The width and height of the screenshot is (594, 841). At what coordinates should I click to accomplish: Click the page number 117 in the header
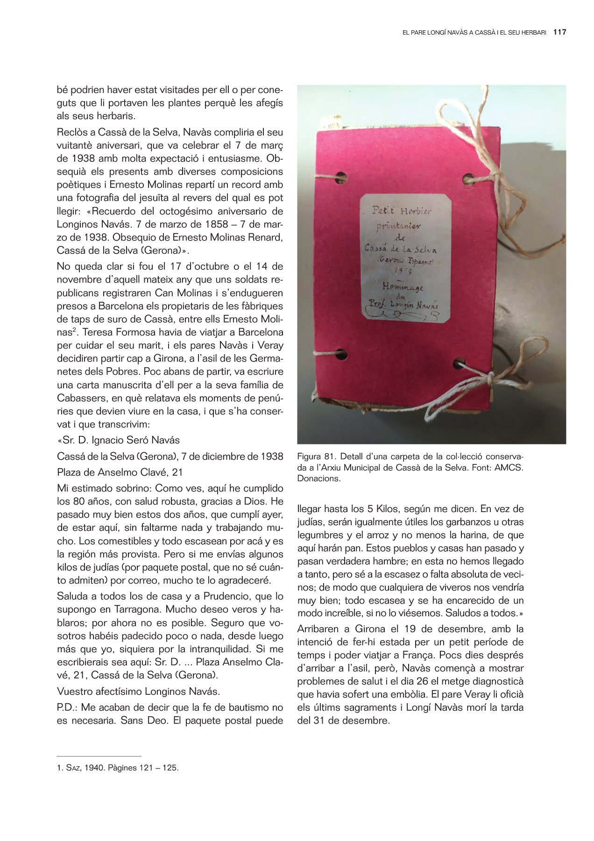coord(559,32)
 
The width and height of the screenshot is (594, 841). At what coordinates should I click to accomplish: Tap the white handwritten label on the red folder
coord(405,259)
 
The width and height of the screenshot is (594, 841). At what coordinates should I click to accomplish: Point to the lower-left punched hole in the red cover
coord(342,354)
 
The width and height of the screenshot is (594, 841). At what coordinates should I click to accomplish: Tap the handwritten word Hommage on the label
coord(403,286)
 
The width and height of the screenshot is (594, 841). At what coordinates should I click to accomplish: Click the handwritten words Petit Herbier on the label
coord(402,211)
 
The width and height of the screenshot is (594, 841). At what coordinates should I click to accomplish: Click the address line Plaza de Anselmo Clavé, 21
coord(120,472)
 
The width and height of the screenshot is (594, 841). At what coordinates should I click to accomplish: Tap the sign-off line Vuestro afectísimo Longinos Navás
coord(138,691)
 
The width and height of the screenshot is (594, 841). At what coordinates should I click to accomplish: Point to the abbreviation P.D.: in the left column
coord(67,707)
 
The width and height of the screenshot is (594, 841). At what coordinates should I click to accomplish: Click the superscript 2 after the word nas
coord(76,330)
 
